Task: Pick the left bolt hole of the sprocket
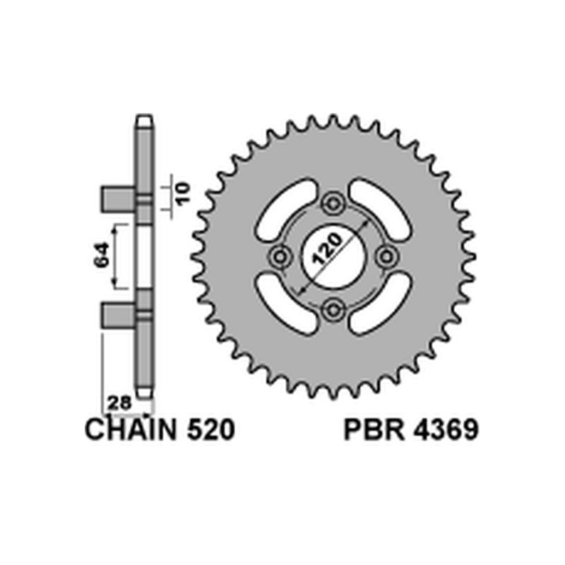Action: [x=280, y=256]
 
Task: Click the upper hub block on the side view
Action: [x=118, y=198]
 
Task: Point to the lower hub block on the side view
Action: [x=118, y=314]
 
